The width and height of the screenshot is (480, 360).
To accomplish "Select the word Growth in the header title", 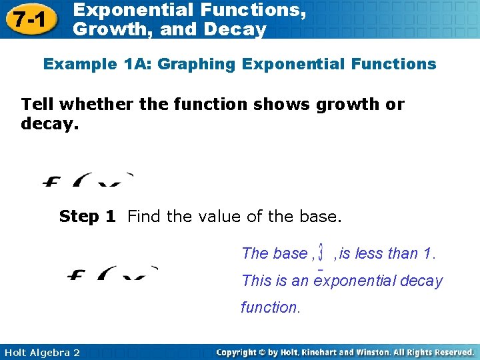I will pyautogui.click(x=106, y=29).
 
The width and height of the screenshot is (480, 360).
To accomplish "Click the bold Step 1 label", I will pyautogui.click(x=87, y=217).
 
